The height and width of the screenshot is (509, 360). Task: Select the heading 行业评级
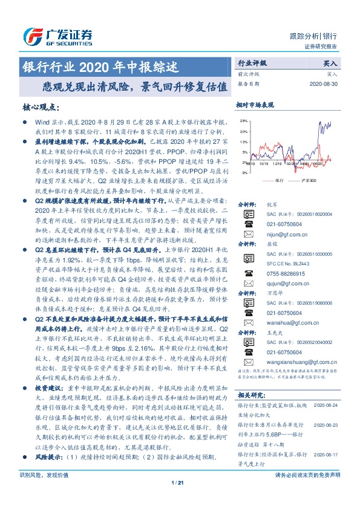(252, 63)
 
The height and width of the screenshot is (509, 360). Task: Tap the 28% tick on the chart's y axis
(243, 121)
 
